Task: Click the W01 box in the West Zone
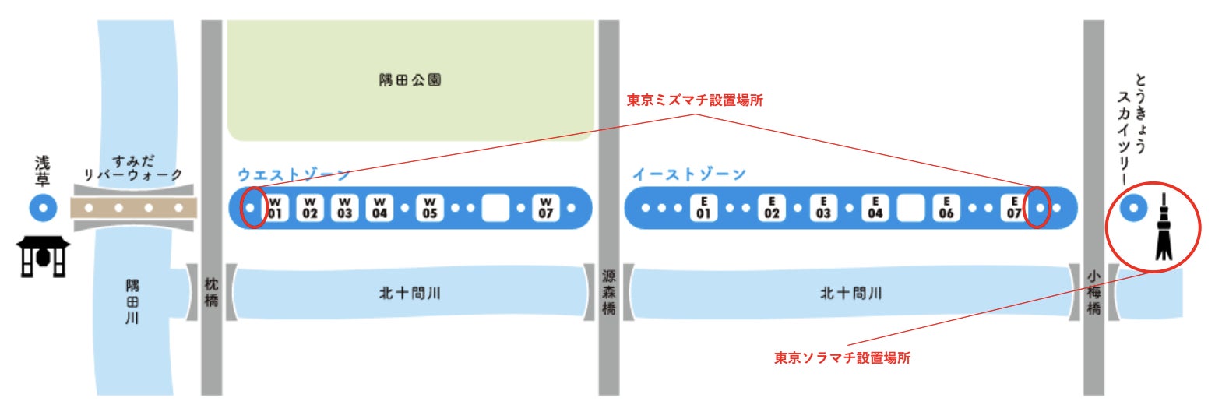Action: [x=275, y=208]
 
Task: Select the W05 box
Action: [x=430, y=208]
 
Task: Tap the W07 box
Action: [x=546, y=208]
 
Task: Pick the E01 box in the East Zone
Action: [x=703, y=208]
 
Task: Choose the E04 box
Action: [x=875, y=208]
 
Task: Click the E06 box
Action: [x=946, y=208]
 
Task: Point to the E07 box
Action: [x=1014, y=208]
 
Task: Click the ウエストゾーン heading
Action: [x=294, y=174]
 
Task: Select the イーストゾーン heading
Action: [x=688, y=174]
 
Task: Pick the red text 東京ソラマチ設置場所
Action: [x=842, y=358]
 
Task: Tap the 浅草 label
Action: [x=42, y=171]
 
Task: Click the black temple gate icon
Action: [x=43, y=258]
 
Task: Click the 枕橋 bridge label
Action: [x=211, y=294]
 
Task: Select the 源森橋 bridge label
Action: [x=609, y=294]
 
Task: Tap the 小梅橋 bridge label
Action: [x=1093, y=294]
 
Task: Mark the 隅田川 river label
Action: [x=132, y=302]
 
